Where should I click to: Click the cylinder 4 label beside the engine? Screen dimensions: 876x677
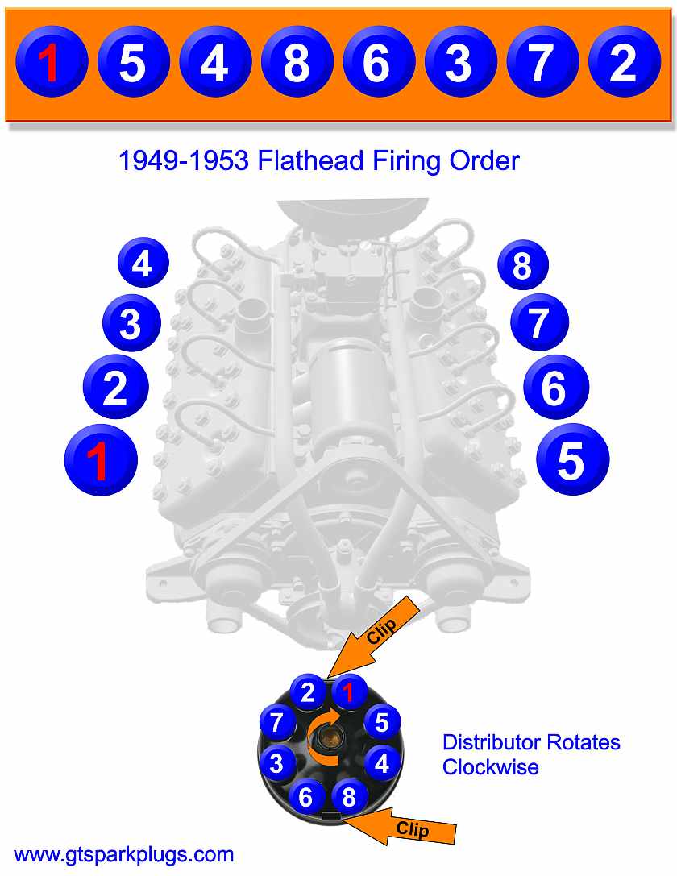coord(143,264)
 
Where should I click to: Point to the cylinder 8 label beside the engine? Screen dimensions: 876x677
coord(522,265)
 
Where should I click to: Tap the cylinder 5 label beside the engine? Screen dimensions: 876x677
coord(572,460)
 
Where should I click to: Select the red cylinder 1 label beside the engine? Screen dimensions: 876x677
coord(100,460)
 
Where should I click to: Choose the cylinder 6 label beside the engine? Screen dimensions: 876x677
coord(555,388)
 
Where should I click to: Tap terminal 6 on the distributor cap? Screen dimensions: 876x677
coord(306,796)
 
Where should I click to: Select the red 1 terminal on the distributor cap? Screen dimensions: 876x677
coord(347,691)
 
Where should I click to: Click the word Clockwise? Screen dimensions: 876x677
coord(490,766)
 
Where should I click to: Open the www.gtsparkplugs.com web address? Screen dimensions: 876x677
coord(124,854)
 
